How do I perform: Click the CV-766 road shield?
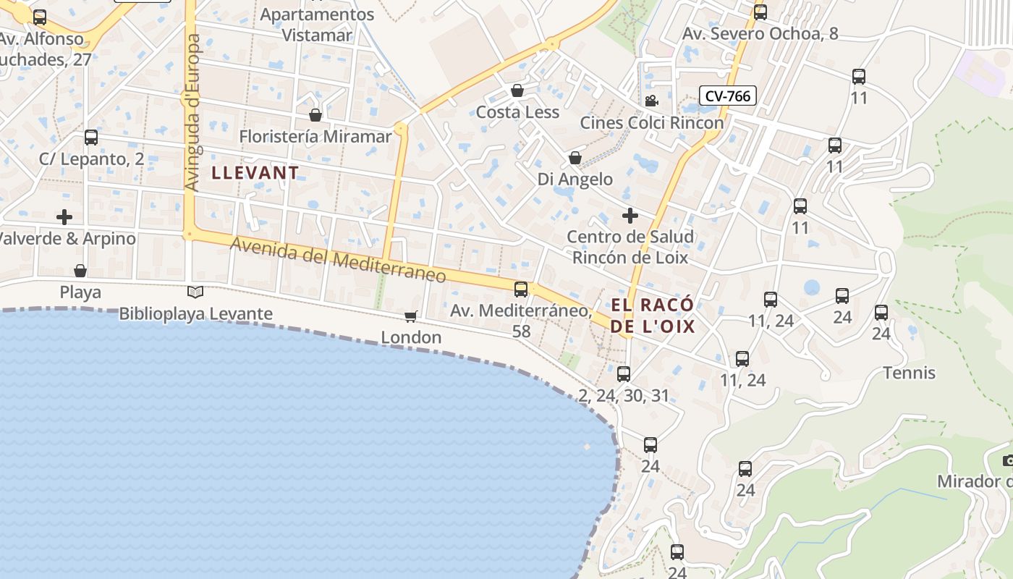(x=728, y=96)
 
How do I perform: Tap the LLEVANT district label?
(x=255, y=173)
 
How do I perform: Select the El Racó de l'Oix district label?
(x=653, y=316)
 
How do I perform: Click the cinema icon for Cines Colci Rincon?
(x=651, y=101)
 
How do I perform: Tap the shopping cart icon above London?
(x=411, y=316)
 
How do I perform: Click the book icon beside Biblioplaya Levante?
(x=195, y=292)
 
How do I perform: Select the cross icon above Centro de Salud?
(x=630, y=216)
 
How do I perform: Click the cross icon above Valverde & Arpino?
(x=64, y=217)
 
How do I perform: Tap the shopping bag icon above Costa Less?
(x=517, y=90)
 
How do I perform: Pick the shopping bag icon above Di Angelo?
(x=575, y=158)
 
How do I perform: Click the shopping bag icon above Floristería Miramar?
(x=315, y=115)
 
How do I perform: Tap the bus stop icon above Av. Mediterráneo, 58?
(x=521, y=289)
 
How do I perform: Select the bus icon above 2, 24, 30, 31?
(x=624, y=374)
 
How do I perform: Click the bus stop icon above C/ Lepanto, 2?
(x=91, y=138)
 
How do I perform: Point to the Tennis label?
(x=910, y=373)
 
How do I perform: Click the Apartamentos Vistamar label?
(x=317, y=25)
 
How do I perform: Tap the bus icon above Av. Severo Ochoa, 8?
(x=760, y=12)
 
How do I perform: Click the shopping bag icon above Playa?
(x=80, y=271)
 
